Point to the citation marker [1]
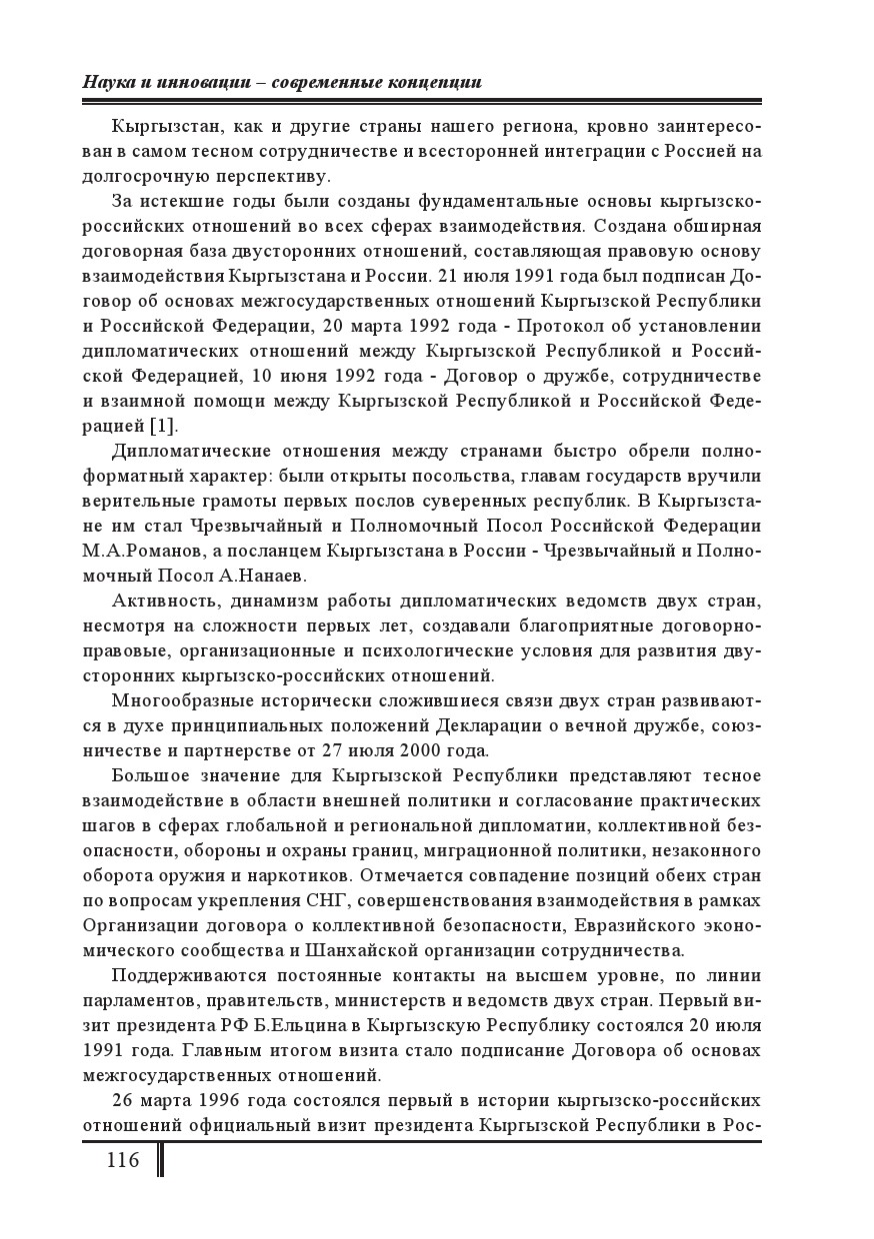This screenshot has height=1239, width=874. point(164,426)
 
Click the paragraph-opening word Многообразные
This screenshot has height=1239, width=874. point(180,700)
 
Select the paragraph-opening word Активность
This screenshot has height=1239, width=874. point(162,601)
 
